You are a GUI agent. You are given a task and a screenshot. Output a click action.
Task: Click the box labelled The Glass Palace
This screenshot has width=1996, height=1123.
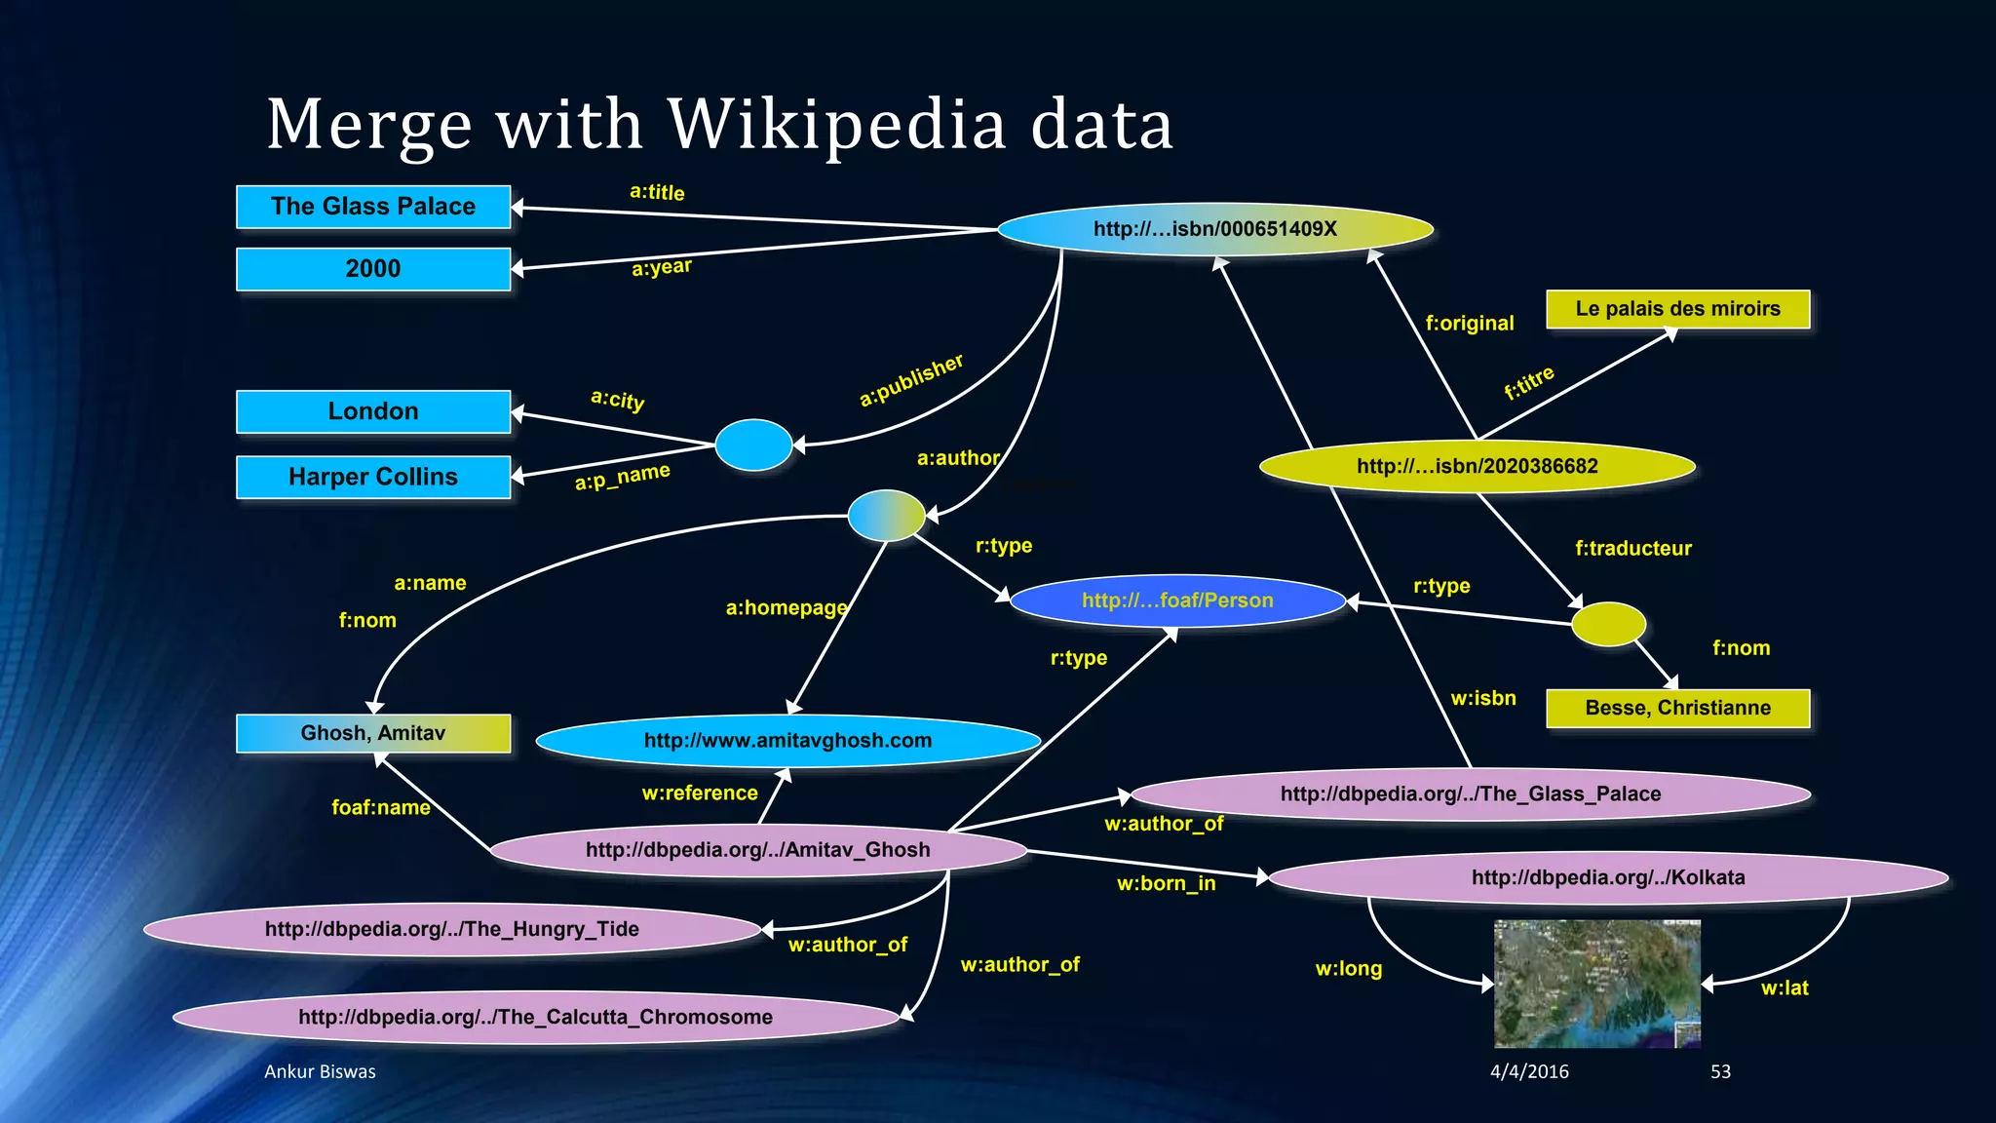pyautogui.click(x=373, y=207)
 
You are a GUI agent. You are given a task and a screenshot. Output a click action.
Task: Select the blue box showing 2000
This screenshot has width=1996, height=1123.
pyautogui.click(x=373, y=269)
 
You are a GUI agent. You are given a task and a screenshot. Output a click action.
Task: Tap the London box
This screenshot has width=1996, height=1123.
pyautogui.click(x=373, y=411)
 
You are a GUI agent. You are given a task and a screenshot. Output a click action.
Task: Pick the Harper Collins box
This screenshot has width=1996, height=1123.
pyautogui.click(x=373, y=477)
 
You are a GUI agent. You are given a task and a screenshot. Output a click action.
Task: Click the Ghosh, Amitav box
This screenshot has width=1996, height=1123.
pyautogui.click(x=373, y=733)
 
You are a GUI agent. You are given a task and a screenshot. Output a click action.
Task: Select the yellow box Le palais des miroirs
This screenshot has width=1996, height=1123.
pyautogui.click(x=1677, y=309)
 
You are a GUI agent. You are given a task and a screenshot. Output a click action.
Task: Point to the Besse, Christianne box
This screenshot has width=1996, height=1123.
pyautogui.click(x=1677, y=708)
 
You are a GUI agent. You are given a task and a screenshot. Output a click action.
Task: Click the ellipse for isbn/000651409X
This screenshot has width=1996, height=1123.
pyautogui.click(x=1215, y=229)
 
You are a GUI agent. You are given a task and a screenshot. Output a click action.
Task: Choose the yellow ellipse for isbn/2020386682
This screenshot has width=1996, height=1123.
pyautogui.click(x=1477, y=466)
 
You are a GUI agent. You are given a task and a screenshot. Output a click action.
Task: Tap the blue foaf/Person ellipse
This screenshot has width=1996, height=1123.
pyautogui.click(x=1177, y=600)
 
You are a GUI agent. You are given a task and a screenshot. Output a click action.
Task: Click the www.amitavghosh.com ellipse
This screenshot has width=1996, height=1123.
pyautogui.click(x=787, y=741)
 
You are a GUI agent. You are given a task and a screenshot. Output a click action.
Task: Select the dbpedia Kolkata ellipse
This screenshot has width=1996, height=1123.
pyautogui.click(x=1608, y=877)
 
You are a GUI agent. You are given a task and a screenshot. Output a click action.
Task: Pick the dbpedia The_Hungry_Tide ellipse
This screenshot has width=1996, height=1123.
pyautogui.click(x=452, y=929)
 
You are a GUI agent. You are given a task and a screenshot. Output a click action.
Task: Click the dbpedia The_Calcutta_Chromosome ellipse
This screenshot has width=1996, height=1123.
pyautogui.click(x=536, y=1017)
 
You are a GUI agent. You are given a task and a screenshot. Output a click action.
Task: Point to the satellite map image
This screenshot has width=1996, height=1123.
pyautogui.click(x=1597, y=983)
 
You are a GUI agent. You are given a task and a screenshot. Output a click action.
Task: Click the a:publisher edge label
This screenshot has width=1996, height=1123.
pyautogui.click(x=911, y=380)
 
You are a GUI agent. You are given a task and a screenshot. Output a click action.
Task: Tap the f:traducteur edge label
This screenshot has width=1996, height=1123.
pyautogui.click(x=1633, y=549)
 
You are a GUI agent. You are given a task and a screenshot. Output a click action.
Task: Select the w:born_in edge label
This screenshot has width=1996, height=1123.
pyautogui.click(x=1166, y=884)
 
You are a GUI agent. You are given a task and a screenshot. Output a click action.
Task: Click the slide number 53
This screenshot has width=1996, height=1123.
pyautogui.click(x=1720, y=1071)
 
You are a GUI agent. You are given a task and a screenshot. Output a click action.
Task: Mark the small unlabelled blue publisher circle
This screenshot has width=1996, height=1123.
pyautogui.click(x=753, y=445)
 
